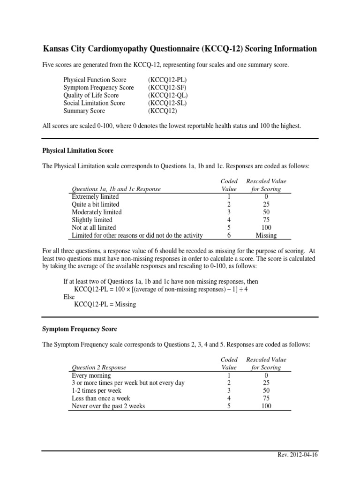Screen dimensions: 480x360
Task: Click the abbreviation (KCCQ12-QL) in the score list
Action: click(x=168, y=95)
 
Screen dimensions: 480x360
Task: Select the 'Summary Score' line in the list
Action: click(x=84, y=111)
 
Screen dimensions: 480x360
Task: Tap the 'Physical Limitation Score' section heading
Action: click(x=78, y=151)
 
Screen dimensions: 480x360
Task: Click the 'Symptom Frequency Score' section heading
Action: click(x=80, y=329)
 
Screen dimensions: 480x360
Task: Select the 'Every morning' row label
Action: click(x=91, y=375)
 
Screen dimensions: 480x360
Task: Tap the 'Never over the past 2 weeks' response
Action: click(x=108, y=406)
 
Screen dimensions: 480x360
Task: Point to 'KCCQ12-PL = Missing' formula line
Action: click(x=105, y=304)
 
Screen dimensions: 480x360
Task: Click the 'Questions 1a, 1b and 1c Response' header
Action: click(x=116, y=189)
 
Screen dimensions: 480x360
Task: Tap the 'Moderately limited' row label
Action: click(x=97, y=212)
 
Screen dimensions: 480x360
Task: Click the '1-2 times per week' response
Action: click(x=97, y=390)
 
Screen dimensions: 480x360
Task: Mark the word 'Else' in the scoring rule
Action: click(x=69, y=297)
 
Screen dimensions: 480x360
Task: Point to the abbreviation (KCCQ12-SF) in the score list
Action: click(x=168, y=88)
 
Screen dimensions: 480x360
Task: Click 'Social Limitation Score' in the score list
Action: click(x=94, y=103)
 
